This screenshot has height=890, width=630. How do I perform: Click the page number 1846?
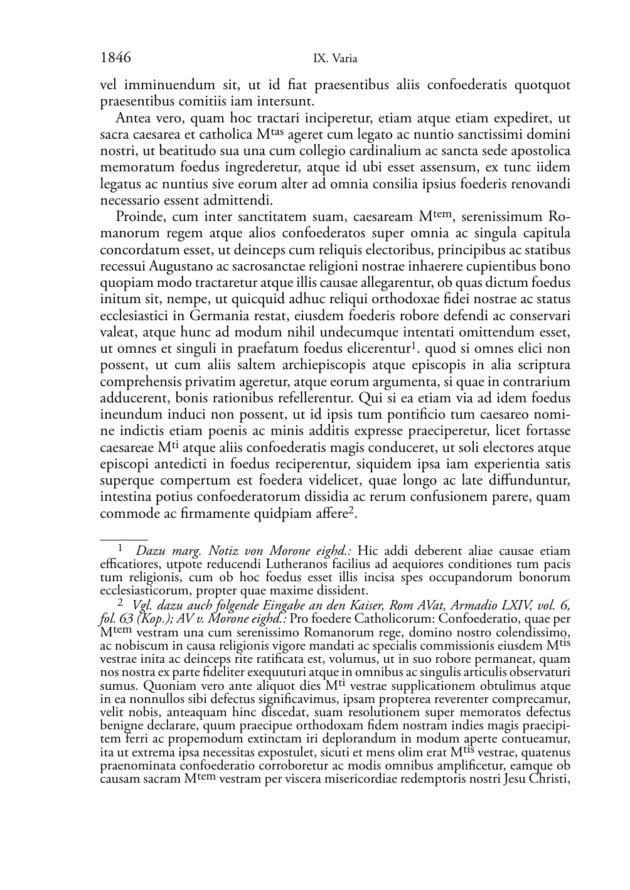pyautogui.click(x=115, y=58)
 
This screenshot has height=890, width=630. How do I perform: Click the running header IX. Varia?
pyautogui.click(x=335, y=59)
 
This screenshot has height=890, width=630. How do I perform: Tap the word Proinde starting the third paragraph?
pyautogui.click(x=137, y=217)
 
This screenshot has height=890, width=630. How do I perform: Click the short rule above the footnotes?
pyautogui.click(x=124, y=539)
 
